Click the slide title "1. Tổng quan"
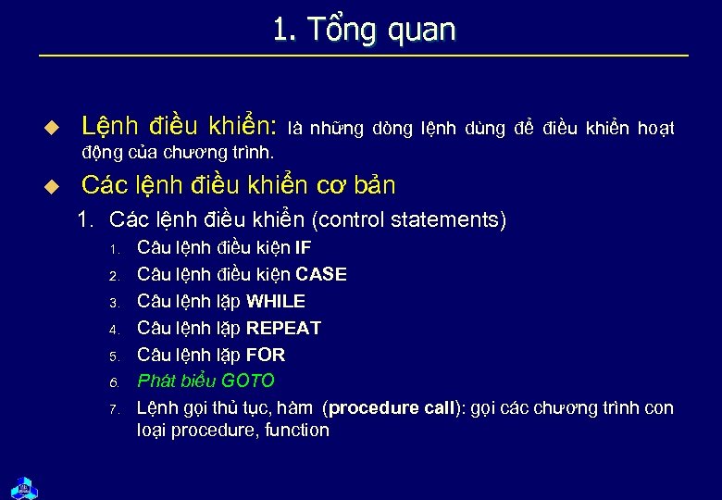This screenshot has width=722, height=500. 364,30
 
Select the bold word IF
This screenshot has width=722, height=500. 303,248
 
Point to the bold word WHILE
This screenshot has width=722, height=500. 275,302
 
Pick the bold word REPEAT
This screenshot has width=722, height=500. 283,329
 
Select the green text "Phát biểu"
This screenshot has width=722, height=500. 176,381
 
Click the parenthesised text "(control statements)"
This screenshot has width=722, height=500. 409,220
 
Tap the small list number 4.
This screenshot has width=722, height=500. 115,330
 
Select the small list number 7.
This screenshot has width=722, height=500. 115,409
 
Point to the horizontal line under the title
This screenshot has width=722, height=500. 364,56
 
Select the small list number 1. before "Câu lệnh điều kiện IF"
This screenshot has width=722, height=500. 115,250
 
